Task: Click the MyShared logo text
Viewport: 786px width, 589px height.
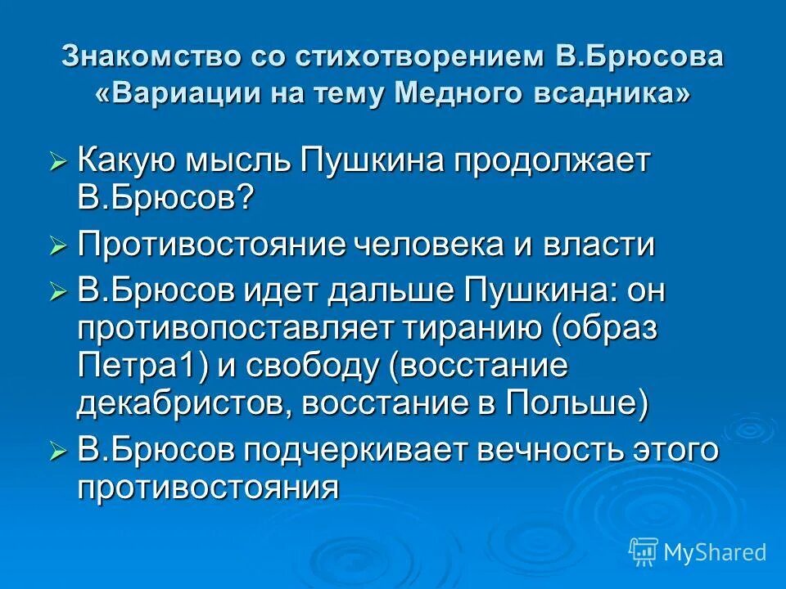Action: point(714,552)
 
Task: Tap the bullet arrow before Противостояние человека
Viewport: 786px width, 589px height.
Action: point(58,245)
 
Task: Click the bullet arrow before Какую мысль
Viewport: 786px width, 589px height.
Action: point(58,162)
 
